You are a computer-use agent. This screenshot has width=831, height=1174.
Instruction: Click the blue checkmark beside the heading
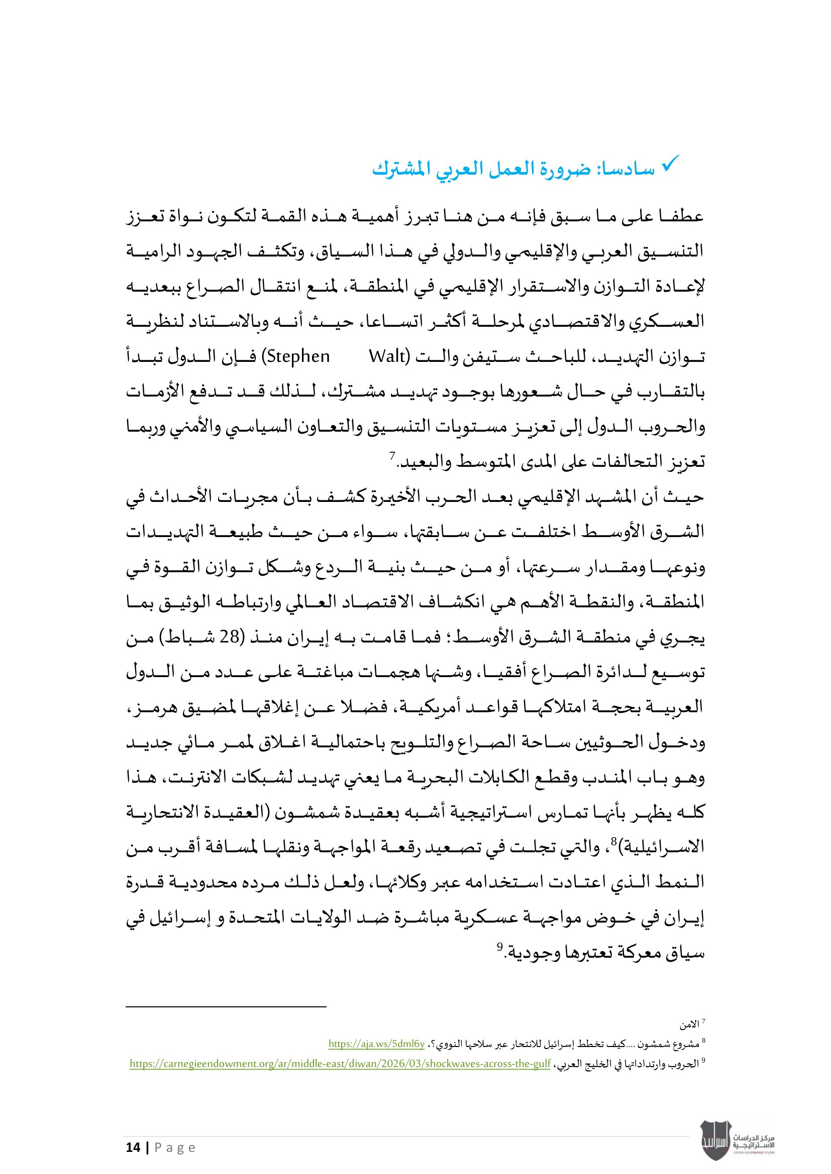click(670, 164)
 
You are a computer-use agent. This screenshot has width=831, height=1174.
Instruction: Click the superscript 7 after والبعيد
click(392, 454)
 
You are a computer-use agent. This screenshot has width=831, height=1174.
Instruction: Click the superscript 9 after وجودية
click(499, 946)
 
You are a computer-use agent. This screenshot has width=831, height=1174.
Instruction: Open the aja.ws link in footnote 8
click(376, 1043)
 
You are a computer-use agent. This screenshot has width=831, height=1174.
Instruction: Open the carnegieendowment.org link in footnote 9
click(340, 1064)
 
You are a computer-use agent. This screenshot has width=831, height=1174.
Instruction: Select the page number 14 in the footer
click(133, 1147)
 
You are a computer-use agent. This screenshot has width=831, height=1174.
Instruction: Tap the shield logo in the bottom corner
click(715, 1140)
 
